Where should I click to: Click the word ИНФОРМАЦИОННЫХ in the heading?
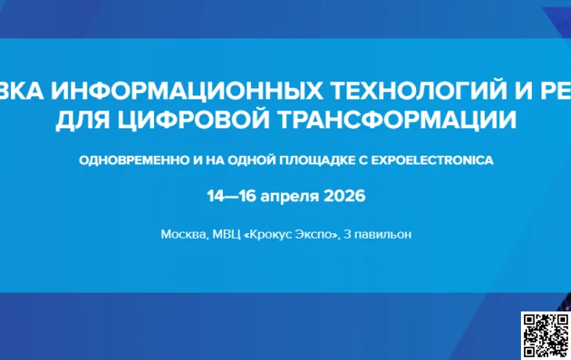(x=180, y=92)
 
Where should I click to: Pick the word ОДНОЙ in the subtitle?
(x=260, y=160)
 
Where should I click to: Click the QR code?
(x=546, y=335)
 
